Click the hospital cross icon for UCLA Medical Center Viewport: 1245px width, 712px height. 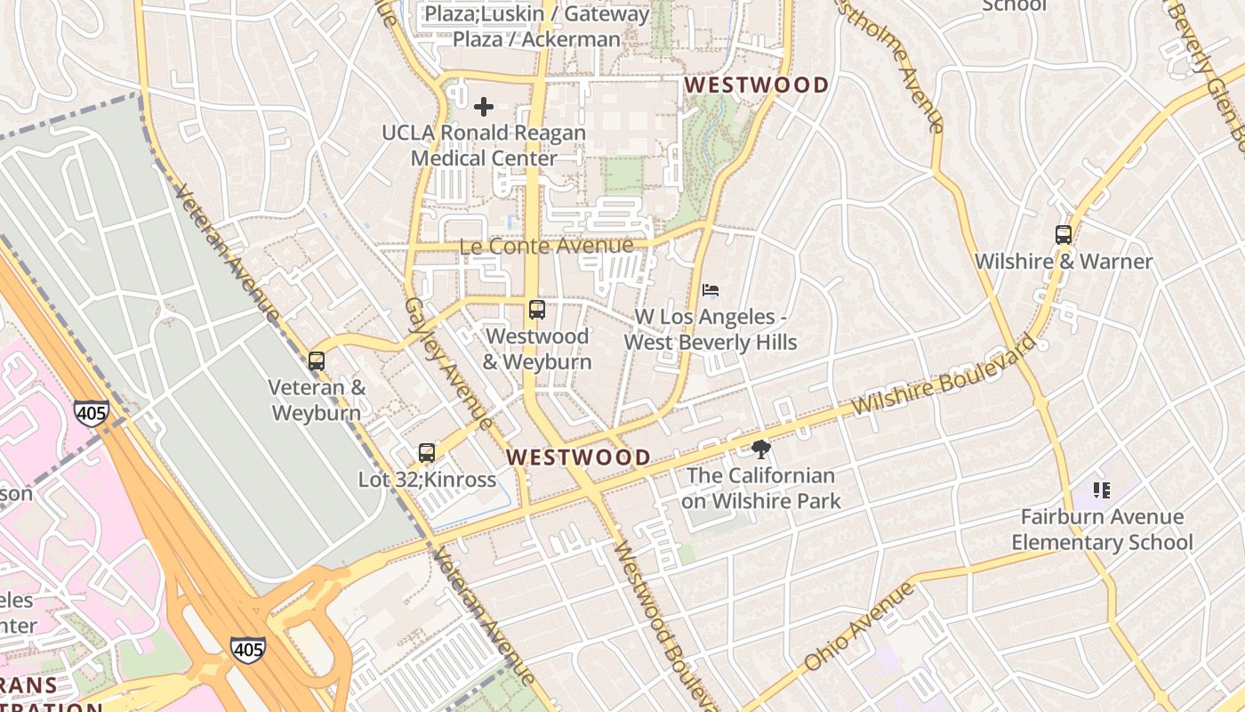[484, 108]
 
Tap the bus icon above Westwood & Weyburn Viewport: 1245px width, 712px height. [537, 310]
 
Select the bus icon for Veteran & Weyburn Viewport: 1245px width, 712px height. [317, 361]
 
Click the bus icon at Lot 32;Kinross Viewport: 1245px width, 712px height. [427, 453]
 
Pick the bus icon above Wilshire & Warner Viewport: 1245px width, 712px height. [1064, 235]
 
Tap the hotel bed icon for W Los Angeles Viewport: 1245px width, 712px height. [710, 290]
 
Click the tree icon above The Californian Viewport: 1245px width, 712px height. [760, 449]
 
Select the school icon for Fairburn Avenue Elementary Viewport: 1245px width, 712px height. [1102, 489]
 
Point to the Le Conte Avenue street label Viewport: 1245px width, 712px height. [546, 246]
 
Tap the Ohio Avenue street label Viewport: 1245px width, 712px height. [858, 627]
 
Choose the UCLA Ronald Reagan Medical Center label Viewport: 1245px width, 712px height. [484, 146]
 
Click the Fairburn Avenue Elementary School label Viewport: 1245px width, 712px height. [1102, 530]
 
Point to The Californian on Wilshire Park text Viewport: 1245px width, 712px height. [761, 489]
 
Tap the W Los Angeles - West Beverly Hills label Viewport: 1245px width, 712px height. [710, 330]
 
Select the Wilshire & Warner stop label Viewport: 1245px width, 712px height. [1064, 262]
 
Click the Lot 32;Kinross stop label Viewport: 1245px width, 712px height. [427, 480]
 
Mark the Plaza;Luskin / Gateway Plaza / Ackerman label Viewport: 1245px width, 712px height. [537, 27]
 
